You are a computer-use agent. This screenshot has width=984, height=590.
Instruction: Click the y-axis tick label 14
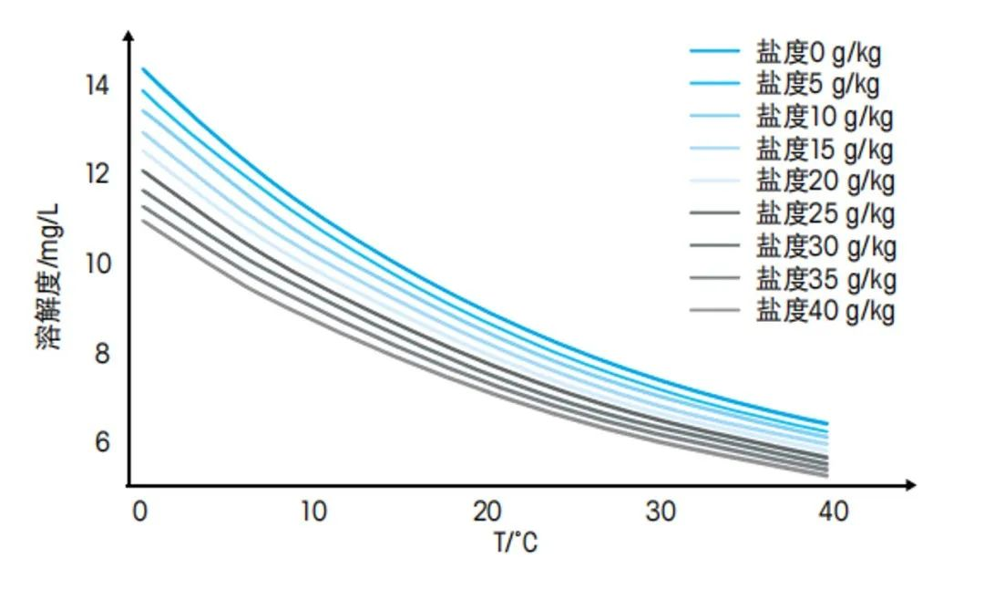click(x=97, y=86)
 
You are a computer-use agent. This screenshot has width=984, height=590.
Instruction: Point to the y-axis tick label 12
click(x=97, y=173)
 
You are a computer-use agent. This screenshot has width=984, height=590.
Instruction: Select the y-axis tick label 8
click(x=103, y=353)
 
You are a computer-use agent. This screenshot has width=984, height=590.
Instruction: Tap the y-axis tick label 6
click(x=103, y=441)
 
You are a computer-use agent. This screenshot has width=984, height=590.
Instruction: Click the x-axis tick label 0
click(x=139, y=512)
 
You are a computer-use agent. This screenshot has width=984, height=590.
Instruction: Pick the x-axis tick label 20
click(x=487, y=512)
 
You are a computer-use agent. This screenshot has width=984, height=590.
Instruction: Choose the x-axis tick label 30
click(x=661, y=512)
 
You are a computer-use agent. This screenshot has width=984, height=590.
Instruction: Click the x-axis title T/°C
click(x=516, y=543)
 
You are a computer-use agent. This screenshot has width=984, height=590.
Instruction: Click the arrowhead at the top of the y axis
click(x=128, y=36)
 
